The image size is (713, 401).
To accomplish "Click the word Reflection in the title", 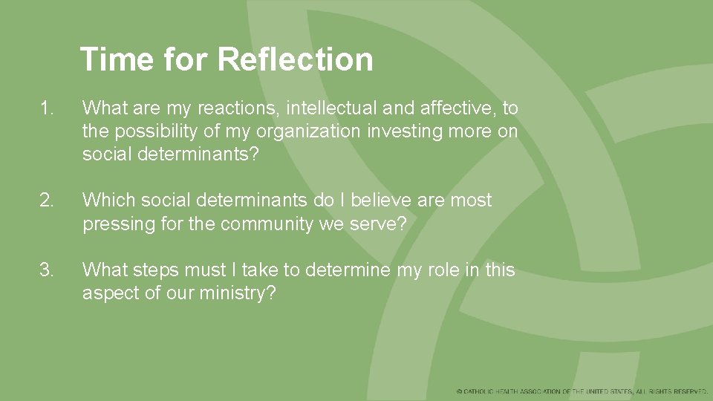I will [295, 59].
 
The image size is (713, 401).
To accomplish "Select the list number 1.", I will [48, 108].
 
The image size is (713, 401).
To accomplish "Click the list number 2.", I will [48, 200].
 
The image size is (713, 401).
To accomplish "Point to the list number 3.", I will [48, 270].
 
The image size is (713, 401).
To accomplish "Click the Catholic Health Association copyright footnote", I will [582, 391].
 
